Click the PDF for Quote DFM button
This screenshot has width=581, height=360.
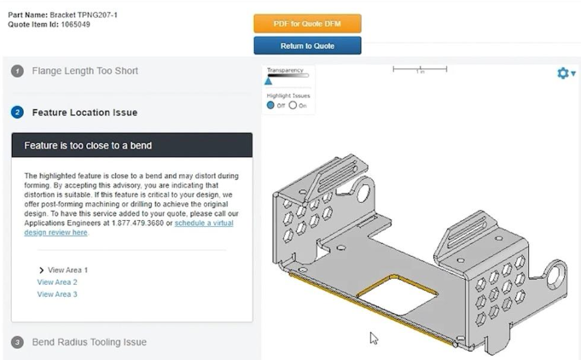pyautogui.click(x=307, y=24)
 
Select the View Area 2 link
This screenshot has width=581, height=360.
pyautogui.click(x=57, y=282)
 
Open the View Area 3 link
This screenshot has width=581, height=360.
pyautogui.click(x=57, y=294)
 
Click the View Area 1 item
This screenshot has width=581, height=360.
pyautogui.click(x=67, y=270)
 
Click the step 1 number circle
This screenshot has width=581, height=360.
pyautogui.click(x=17, y=71)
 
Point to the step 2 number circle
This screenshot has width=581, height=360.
pyautogui.click(x=17, y=112)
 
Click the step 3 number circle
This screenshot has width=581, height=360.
pyautogui.click(x=17, y=342)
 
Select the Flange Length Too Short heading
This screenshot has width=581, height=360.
pyautogui.click(x=84, y=71)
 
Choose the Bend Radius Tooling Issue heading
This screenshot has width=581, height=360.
pyautogui.click(x=89, y=342)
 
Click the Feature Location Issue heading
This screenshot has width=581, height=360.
pyautogui.click(x=84, y=112)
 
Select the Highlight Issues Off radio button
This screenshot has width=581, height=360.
pyautogui.click(x=271, y=105)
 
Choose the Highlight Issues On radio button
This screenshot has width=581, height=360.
pyautogui.click(x=293, y=105)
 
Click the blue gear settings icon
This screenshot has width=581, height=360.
pyautogui.click(x=562, y=73)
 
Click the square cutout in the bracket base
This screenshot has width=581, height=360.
pyautogui.click(x=398, y=295)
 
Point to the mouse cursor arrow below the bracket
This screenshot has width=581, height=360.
pyautogui.click(x=374, y=338)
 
